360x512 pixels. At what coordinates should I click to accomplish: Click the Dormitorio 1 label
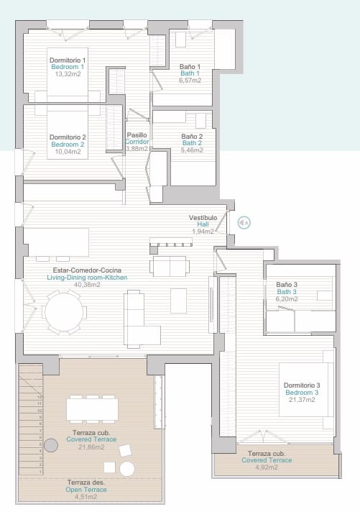68,60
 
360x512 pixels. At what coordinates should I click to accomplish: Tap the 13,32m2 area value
68,73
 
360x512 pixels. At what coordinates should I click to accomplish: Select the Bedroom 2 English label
68,144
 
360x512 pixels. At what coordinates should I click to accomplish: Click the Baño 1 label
190,67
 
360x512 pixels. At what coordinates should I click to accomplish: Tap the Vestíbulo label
203,217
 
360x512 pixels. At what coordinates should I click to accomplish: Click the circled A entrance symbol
244,223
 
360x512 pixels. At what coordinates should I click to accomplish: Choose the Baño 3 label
286,285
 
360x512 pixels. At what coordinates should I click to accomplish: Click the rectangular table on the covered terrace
93,408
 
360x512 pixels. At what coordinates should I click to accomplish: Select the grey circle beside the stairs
50,446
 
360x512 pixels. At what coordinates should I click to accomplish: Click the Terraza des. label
86,483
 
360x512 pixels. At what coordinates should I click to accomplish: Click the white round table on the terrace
127,469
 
